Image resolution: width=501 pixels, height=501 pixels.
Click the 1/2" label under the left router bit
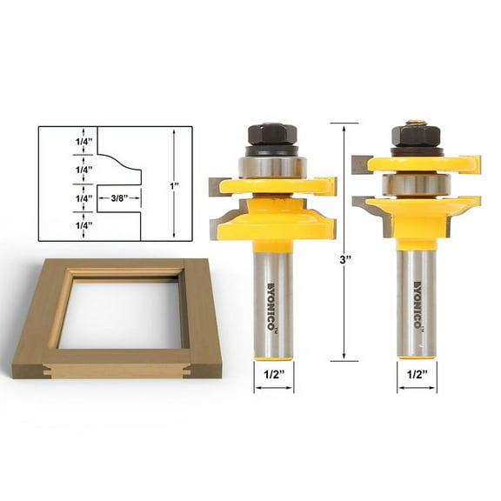click(x=273, y=377)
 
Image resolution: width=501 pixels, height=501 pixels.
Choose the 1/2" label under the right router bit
click(x=415, y=377)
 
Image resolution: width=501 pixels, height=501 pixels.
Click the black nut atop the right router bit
click(x=414, y=137)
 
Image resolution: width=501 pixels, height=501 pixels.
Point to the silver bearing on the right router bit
click(x=415, y=184)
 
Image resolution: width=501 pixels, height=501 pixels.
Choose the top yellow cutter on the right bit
click(x=417, y=163)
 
